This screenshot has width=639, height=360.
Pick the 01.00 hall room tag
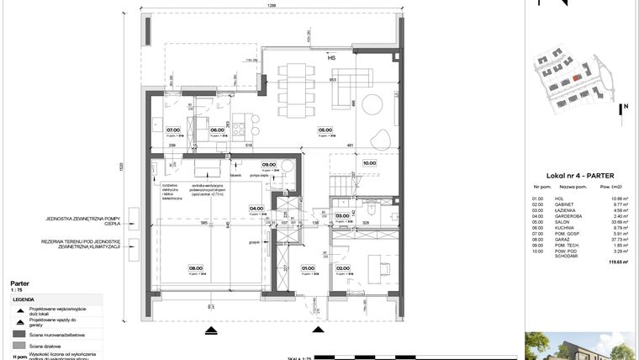click(309, 270)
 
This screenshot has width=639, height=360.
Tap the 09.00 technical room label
click(269, 165)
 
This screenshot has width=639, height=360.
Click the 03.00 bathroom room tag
click(342, 216)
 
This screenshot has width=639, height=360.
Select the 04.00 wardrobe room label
click(256, 209)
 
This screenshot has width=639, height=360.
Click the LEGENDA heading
click(23, 299)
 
